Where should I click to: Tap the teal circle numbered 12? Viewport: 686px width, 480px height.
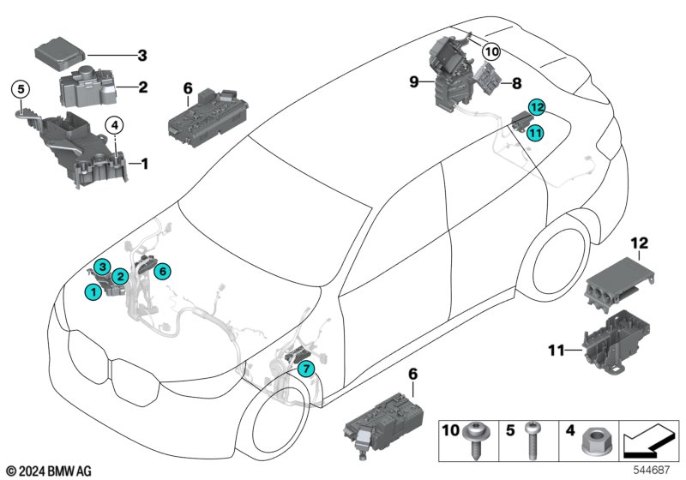click(x=536, y=108)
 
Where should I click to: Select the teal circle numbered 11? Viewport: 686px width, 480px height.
click(x=534, y=132)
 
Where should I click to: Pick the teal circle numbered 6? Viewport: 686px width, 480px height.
click(x=164, y=271)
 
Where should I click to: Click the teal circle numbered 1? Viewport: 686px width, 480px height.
click(x=92, y=292)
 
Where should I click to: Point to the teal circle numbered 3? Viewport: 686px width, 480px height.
click(x=102, y=267)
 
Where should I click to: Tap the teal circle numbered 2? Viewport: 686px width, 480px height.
click(x=121, y=276)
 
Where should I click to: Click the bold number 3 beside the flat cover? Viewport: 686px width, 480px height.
click(x=142, y=56)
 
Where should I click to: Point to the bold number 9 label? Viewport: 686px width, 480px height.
click(x=413, y=82)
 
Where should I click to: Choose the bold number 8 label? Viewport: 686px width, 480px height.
click(x=516, y=83)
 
